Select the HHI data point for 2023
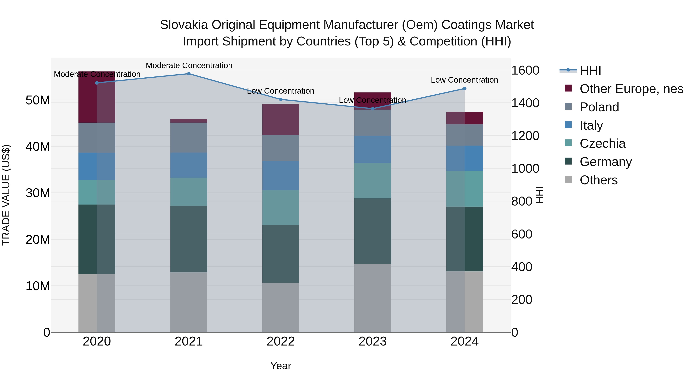tap(373, 109)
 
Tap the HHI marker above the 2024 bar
tap(464, 89)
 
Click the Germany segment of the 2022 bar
tap(281, 254)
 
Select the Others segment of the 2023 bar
tap(373, 298)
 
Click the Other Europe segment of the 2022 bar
tap(281, 119)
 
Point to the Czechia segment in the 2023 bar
tap(373, 181)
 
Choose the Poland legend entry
tap(599, 107)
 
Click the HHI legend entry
tap(590, 70)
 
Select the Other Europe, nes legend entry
tap(631, 89)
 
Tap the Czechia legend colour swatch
tap(568, 143)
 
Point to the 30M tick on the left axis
tap(38, 193)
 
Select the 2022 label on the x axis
tap(281, 341)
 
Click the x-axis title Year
tap(281, 366)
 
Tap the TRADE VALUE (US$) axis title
tap(6, 195)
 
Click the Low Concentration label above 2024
tap(464, 80)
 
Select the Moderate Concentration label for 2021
tap(189, 65)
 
